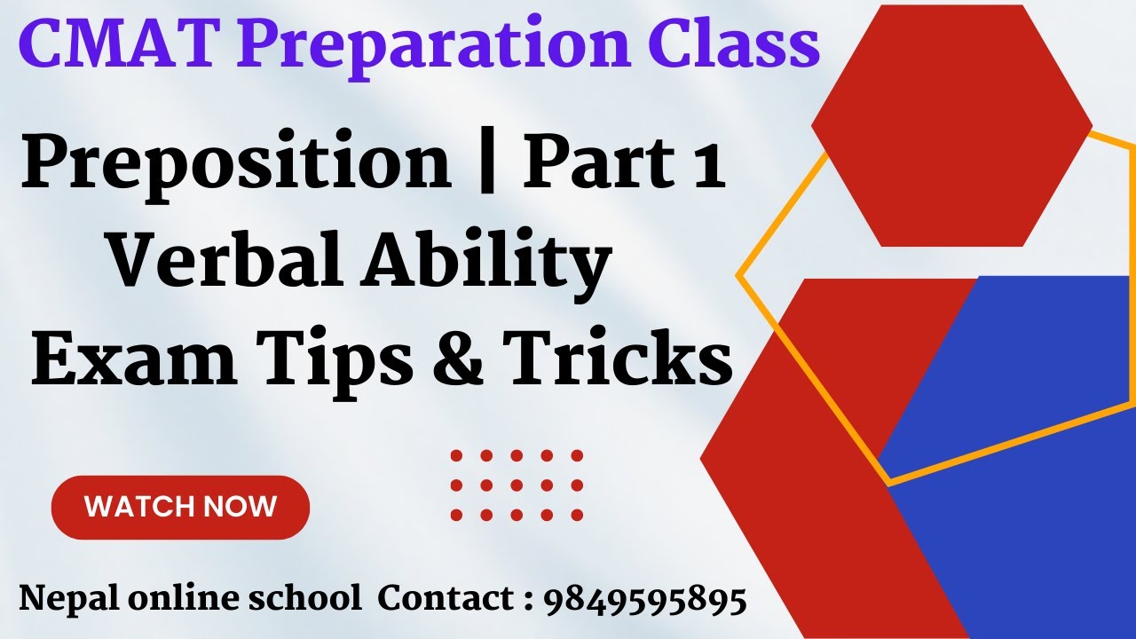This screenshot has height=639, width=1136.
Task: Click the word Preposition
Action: click(x=236, y=165)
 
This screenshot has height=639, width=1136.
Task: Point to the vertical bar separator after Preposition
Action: click(x=486, y=165)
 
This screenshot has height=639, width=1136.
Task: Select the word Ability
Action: click(x=485, y=265)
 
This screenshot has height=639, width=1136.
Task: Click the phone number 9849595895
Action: click(x=644, y=601)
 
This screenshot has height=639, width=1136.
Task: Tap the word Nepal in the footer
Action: click(x=66, y=601)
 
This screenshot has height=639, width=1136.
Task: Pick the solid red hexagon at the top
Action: click(x=951, y=125)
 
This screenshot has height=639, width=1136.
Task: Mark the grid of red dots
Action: click(x=516, y=485)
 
